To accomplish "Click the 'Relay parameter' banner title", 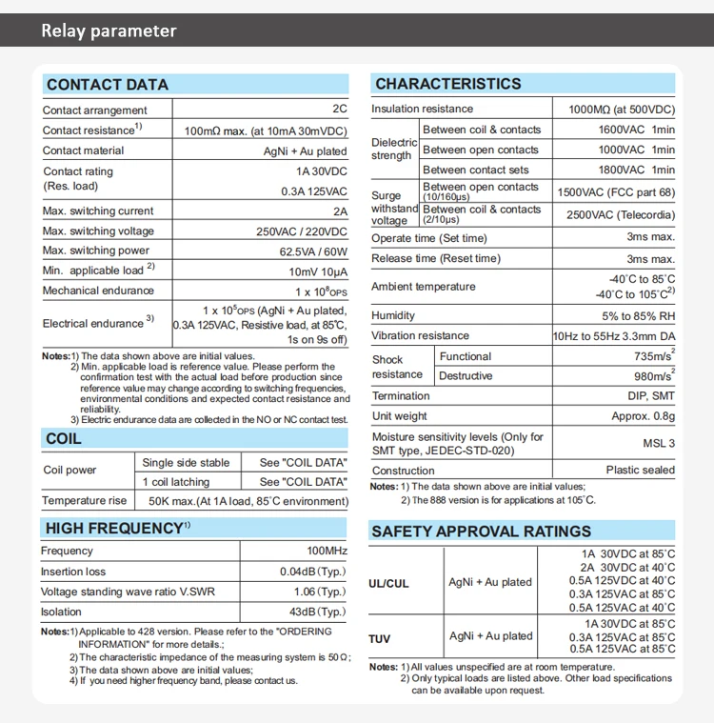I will click(109, 30).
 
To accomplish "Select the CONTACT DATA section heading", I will click(108, 85).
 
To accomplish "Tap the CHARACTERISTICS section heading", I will click(448, 84).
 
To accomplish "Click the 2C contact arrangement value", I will click(340, 110).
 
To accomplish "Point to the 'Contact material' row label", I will click(83, 151).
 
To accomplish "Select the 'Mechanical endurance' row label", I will click(97, 291).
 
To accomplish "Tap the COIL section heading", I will click(64, 439).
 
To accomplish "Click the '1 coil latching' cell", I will click(176, 482).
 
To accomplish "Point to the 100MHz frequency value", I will click(327, 552).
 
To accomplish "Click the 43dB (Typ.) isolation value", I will click(318, 613).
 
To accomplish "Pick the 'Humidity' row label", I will click(393, 315).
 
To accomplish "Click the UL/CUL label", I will click(388, 583).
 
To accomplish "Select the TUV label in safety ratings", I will click(380, 637).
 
